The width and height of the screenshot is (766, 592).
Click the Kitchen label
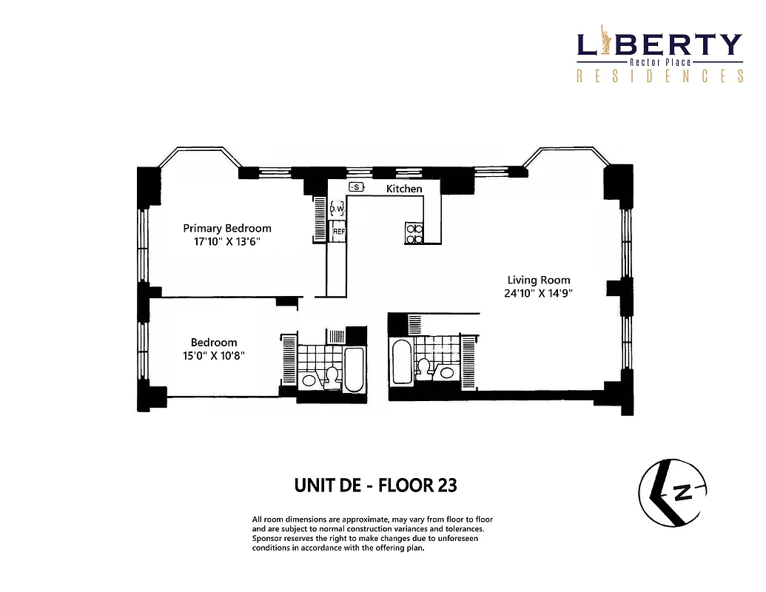(x=404, y=189)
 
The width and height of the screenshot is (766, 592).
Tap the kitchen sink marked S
(x=356, y=187)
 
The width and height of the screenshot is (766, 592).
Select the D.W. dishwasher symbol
(x=337, y=209)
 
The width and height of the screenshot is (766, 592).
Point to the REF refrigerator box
(x=338, y=231)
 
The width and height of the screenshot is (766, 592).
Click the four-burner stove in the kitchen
(x=414, y=233)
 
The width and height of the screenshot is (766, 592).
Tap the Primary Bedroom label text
(x=227, y=228)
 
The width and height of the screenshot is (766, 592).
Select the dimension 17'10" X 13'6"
(x=227, y=240)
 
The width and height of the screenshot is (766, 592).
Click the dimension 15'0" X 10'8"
(x=214, y=354)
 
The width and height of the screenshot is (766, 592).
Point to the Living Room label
(x=538, y=280)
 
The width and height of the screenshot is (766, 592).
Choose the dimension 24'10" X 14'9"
(x=538, y=292)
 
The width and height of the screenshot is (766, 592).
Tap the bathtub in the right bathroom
(x=401, y=362)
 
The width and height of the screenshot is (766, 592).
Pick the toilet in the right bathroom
(x=425, y=368)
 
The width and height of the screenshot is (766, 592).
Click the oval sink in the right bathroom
(x=446, y=372)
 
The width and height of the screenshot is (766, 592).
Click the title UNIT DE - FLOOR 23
(x=375, y=485)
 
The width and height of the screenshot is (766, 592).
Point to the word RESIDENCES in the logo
(x=659, y=76)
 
